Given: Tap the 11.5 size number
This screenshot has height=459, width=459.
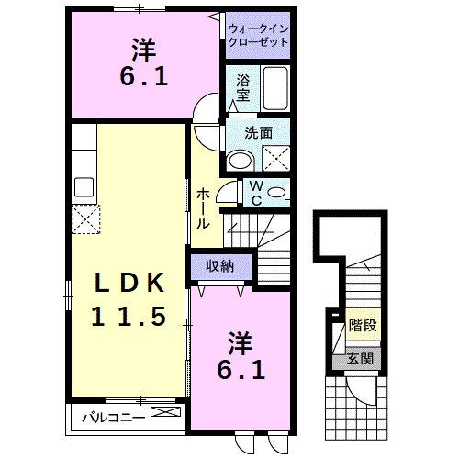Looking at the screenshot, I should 129,317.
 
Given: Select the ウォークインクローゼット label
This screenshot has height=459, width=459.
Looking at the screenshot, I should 258,35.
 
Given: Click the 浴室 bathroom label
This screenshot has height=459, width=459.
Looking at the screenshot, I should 242,86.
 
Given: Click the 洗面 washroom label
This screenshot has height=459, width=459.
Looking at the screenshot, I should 258,132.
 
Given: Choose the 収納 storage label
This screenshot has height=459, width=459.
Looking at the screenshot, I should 218,266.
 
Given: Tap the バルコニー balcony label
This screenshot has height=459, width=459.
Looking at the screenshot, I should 111,417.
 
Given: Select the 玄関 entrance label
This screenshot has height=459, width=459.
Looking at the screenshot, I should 361,358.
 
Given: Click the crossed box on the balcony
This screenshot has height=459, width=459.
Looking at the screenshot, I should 163,414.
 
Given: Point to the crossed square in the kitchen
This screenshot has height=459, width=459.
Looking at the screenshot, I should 89,219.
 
